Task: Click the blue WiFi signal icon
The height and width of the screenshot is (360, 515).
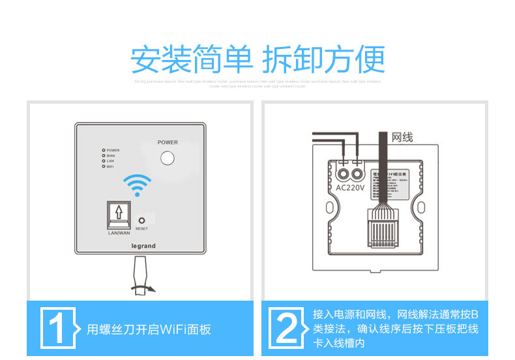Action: point(138,184)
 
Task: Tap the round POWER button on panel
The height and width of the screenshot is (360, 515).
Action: point(168,158)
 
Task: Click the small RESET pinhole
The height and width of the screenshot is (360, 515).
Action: point(141,220)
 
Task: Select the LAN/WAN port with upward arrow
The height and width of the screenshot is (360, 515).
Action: point(119,212)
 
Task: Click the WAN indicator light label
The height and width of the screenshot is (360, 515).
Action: point(111,156)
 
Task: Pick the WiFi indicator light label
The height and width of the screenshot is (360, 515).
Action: point(111,167)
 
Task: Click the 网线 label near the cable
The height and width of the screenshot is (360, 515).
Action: point(402,137)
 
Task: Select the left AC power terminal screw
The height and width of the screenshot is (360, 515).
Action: point(344,173)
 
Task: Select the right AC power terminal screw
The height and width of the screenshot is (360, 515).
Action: point(358,173)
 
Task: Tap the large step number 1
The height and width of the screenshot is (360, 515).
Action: point(57,328)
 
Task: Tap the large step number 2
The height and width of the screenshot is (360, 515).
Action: point(287,328)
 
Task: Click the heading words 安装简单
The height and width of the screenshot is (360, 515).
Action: point(191,60)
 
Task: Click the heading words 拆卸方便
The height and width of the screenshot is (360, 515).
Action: point(323,60)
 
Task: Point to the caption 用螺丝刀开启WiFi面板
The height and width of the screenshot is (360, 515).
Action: point(149,329)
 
